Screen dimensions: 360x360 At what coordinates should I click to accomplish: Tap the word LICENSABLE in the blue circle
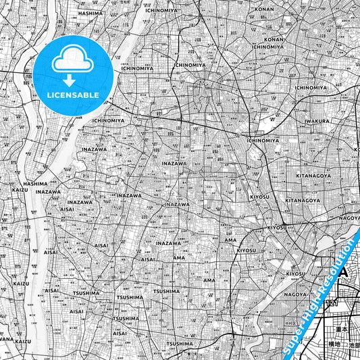(72, 95)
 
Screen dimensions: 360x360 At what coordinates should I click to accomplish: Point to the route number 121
(331, 305)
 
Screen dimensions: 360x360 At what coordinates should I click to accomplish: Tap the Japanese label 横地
(335, 344)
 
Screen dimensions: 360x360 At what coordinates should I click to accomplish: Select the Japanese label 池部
(354, 344)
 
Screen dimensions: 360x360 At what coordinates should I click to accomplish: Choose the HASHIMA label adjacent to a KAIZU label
(35, 183)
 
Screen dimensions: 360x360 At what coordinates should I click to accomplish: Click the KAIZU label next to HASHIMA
(20, 190)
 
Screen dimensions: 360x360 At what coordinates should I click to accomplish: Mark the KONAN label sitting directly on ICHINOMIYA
(274, 39)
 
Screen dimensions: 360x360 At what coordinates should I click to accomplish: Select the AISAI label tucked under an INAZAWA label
(68, 209)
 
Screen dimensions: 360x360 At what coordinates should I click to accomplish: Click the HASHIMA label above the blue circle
(89, 13)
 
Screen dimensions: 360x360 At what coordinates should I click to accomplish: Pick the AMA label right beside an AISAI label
(178, 258)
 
